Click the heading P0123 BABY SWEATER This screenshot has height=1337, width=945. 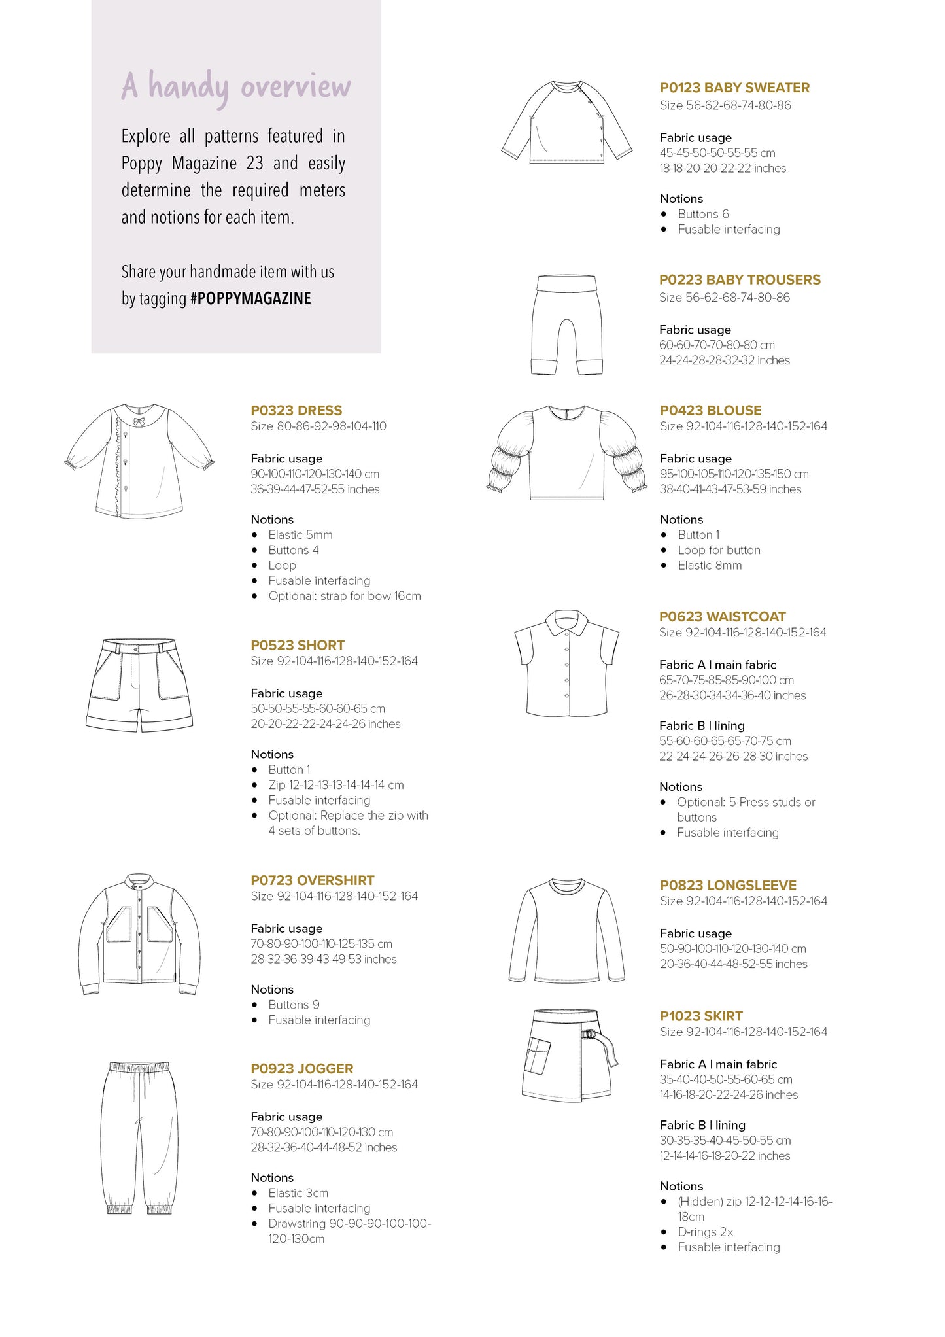(734, 88)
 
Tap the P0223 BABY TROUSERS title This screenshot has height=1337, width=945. (740, 280)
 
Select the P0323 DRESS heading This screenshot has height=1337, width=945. (296, 411)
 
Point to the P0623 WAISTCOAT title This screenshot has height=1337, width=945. (722, 617)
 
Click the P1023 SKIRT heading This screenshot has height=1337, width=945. (701, 1016)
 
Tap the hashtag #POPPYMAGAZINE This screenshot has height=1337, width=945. (250, 299)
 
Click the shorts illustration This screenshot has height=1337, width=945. (139, 685)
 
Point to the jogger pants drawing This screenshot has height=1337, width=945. (139, 1137)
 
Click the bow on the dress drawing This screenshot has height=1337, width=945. (139, 422)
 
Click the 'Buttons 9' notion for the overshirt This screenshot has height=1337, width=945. (294, 1005)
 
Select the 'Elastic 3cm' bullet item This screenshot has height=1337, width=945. (298, 1193)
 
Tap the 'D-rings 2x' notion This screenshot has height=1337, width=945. (705, 1232)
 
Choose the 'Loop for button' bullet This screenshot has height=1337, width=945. (719, 550)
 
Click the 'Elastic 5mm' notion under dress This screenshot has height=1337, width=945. (300, 535)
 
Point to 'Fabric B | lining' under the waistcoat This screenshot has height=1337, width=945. (702, 725)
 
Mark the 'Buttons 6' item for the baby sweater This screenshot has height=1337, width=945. (703, 214)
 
